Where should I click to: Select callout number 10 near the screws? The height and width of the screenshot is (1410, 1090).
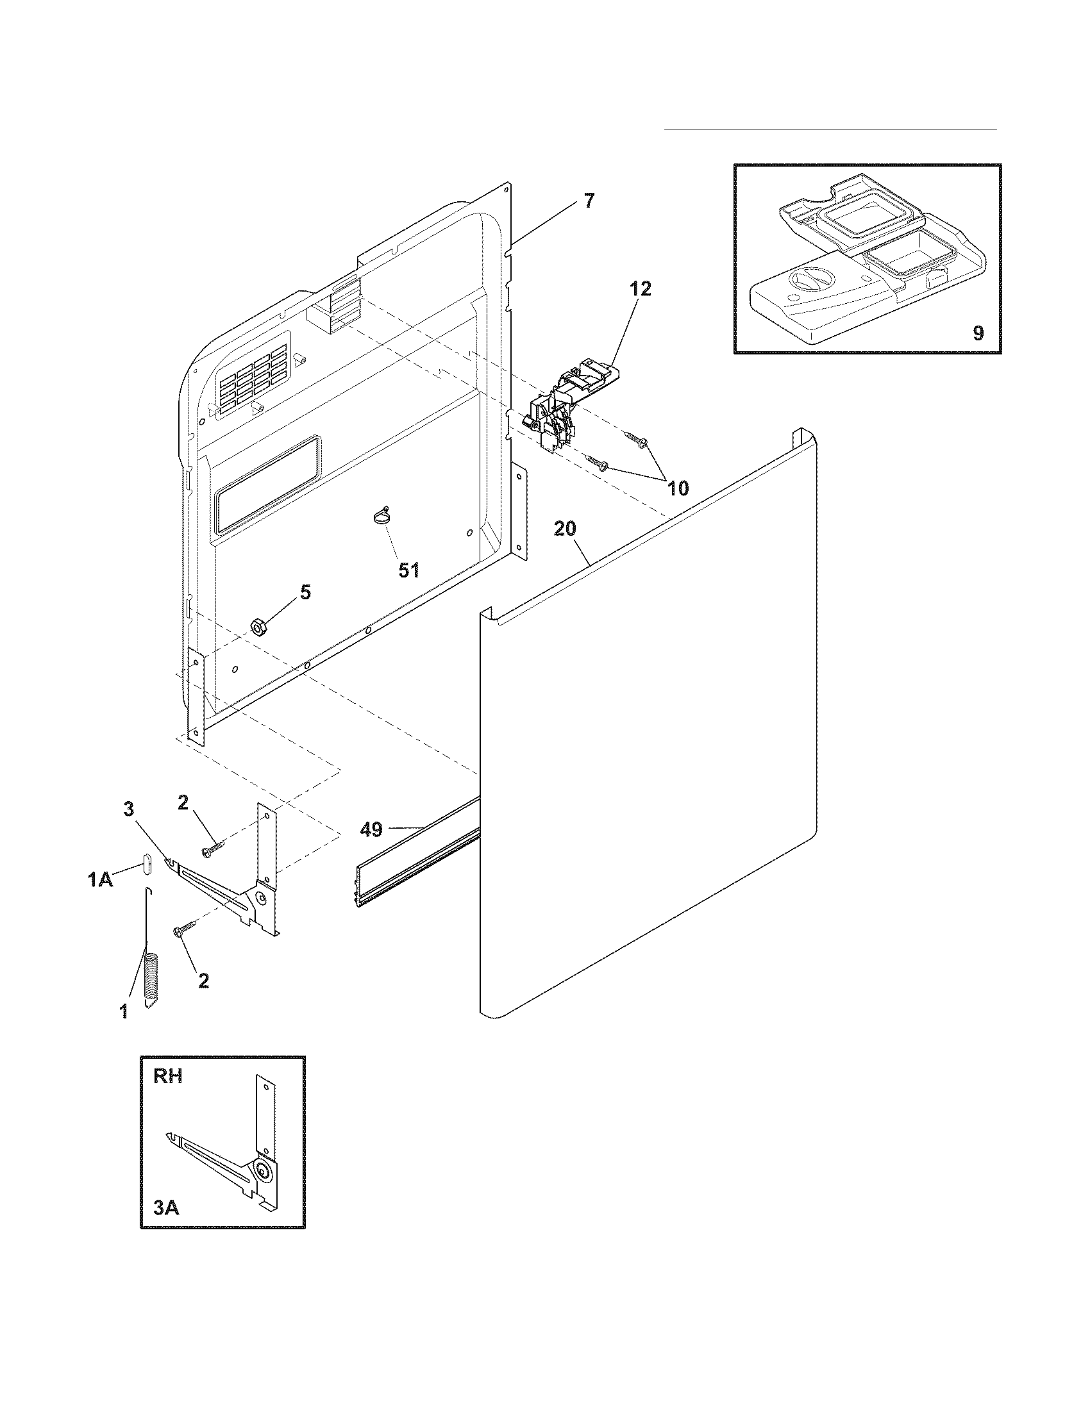click(677, 488)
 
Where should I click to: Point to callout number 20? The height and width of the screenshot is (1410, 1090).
click(565, 529)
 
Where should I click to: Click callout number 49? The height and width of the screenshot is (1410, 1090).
click(371, 829)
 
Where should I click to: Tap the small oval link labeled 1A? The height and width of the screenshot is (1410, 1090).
click(147, 864)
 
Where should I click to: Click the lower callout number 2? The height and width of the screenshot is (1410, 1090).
click(203, 981)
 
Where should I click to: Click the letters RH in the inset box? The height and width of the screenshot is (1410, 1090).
click(168, 1076)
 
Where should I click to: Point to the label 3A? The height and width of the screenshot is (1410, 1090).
click(166, 1207)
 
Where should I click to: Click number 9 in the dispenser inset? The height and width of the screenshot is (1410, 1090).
click(978, 333)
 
